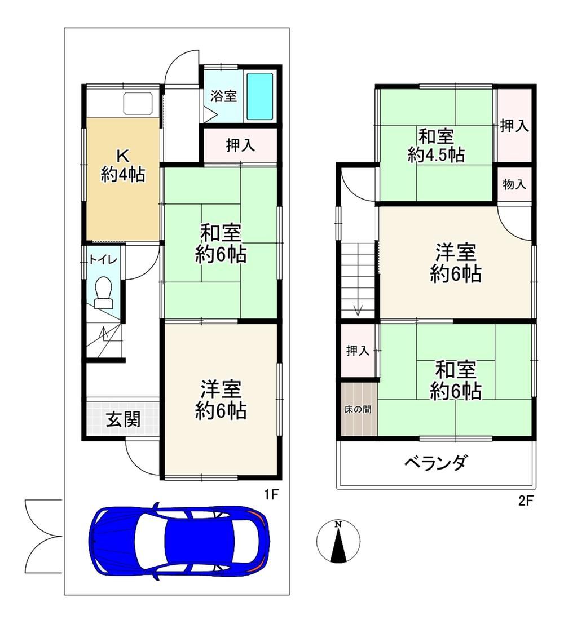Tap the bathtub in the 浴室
coord(259,97)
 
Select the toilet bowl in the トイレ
coord(104,292)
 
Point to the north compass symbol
coord(338,541)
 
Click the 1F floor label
coord(271,495)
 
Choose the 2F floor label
coord(525,501)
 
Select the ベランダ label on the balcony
coord(435,463)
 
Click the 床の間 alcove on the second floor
coord(358,409)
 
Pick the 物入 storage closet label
coord(514,185)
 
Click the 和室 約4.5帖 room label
coord(436,145)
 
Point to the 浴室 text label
coord(223,96)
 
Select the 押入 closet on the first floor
coord(241,145)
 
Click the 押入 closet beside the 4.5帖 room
coord(514,125)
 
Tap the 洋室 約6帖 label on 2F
coord(456,263)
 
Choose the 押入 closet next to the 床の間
coord(358,351)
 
